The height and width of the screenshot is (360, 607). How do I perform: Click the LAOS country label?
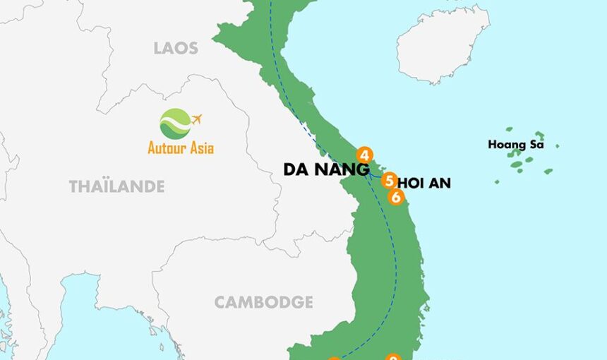tap(176, 48)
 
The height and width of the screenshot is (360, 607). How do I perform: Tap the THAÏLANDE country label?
tap(116, 186)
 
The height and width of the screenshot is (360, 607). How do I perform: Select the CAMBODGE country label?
tap(263, 302)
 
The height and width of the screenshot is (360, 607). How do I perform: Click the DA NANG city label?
tap(326, 169)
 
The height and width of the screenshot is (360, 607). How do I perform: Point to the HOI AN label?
tap(423, 184)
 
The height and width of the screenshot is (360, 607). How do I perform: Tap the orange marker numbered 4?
tap(364, 155)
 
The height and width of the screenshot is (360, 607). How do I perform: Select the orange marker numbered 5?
tap(389, 181)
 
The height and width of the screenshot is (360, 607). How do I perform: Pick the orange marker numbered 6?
tap(396, 198)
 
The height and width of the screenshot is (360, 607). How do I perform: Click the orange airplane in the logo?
tap(196, 119)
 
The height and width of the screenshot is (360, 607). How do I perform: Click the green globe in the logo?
tap(174, 124)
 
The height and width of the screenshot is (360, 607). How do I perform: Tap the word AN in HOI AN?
tap(439, 184)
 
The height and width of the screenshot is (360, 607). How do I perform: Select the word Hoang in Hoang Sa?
tap(504, 145)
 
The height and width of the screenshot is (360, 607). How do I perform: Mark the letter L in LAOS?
tap(158, 48)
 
